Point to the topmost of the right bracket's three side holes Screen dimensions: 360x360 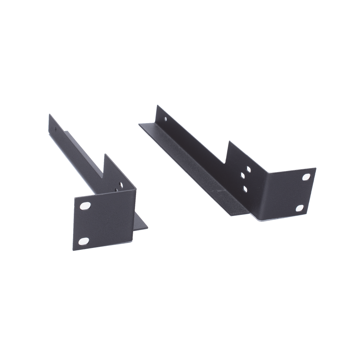248,168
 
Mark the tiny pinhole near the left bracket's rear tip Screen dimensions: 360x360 55,128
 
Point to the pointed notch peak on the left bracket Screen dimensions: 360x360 104,154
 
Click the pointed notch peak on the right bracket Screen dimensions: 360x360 228,141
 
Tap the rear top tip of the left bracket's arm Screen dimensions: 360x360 49,113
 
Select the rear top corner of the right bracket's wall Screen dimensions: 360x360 156,105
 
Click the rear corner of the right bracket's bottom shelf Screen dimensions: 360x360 138,123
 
